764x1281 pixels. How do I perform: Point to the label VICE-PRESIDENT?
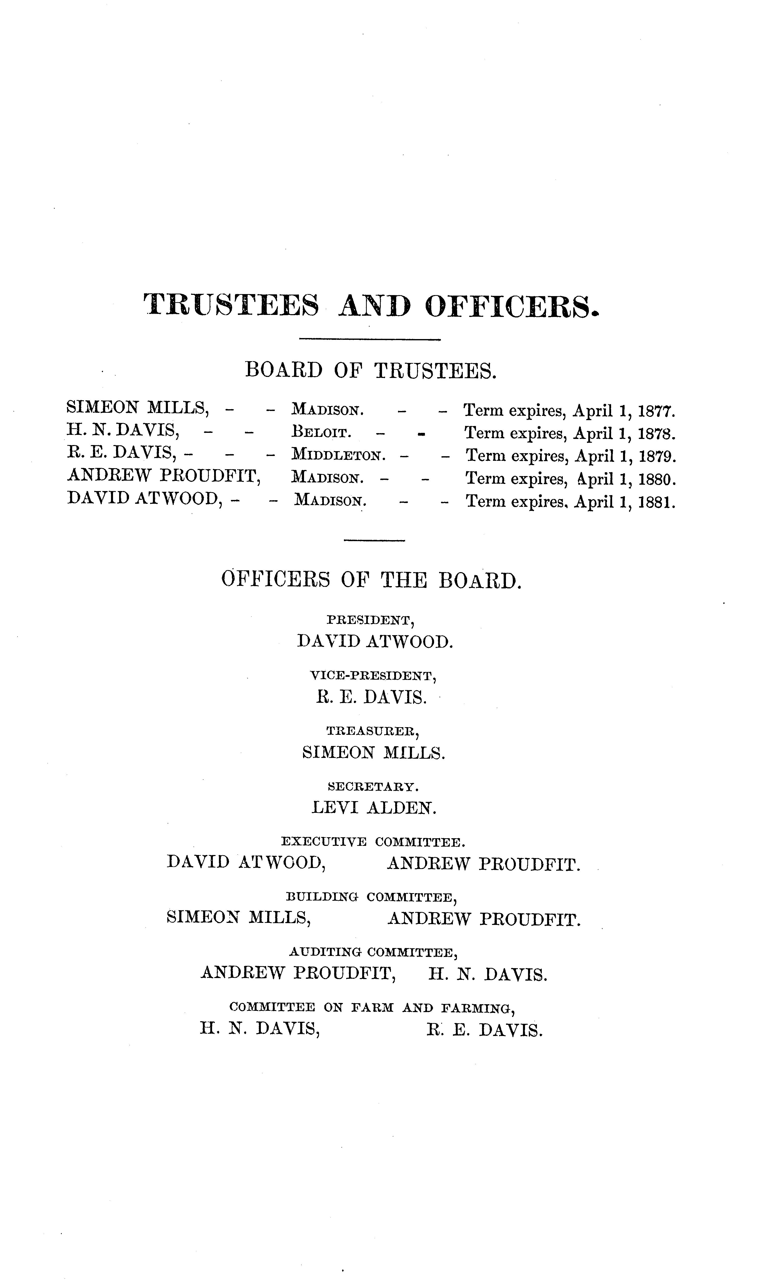(x=373, y=676)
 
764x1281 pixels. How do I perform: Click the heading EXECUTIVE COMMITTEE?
(x=373, y=842)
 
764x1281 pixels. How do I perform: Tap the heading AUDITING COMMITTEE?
(x=373, y=953)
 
